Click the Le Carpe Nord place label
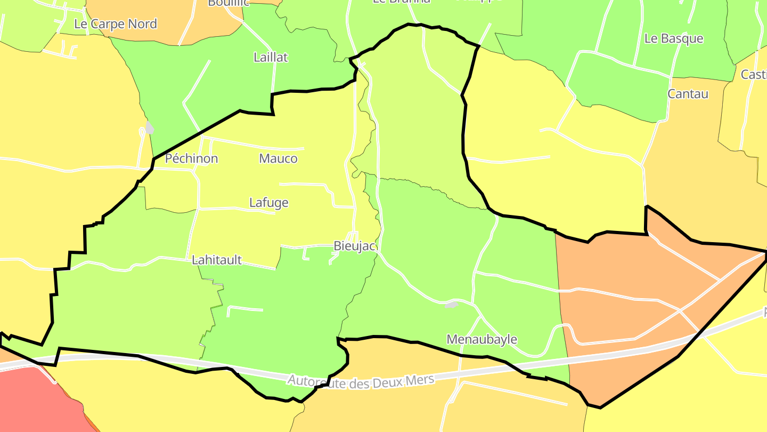tap(116, 24)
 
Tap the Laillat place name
tap(271, 58)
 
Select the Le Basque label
tap(674, 38)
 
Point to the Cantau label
tap(688, 94)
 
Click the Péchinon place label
tap(191, 158)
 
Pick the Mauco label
tap(278, 158)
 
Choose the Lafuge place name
tap(269, 203)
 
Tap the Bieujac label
tap(355, 246)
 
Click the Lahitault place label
tap(217, 260)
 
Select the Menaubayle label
tap(482, 339)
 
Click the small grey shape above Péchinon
tap(150, 128)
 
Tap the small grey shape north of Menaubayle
tap(452, 305)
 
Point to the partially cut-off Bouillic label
tap(228, 3)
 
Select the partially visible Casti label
tap(754, 75)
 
